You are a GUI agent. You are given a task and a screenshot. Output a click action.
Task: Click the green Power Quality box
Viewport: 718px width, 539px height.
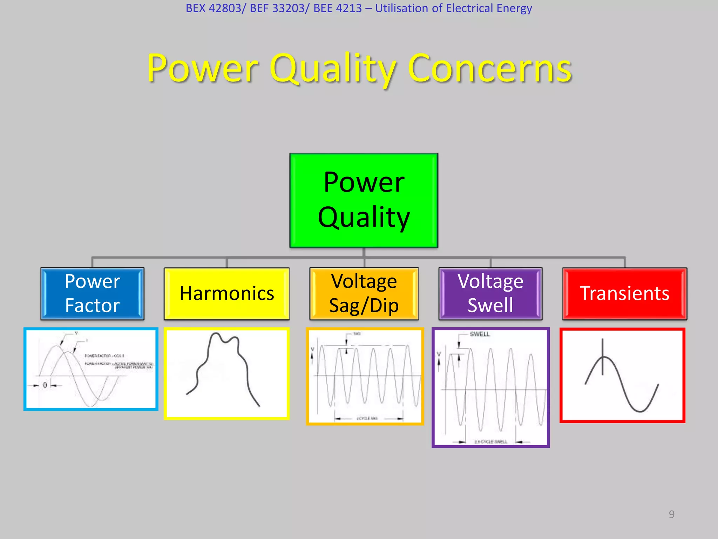pos(364,200)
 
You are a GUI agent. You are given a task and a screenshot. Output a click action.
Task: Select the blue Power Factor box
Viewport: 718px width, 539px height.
pos(92,293)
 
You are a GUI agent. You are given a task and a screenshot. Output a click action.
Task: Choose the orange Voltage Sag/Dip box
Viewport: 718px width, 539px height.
pos(364,293)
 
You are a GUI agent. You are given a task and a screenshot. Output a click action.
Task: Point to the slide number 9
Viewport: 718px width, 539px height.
pos(671,514)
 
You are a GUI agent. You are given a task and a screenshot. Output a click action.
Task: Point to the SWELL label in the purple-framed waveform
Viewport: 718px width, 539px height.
pos(480,334)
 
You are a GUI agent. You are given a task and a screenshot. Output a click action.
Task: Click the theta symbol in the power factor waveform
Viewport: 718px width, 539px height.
pos(45,385)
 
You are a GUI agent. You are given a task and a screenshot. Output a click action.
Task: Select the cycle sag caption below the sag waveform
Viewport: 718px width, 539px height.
pos(367,418)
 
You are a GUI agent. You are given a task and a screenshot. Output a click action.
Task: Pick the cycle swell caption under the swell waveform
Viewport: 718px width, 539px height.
pos(490,442)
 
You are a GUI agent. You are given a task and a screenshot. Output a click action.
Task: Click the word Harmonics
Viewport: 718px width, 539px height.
pos(226,293)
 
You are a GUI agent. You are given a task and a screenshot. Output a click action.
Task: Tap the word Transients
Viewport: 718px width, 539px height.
pos(625,293)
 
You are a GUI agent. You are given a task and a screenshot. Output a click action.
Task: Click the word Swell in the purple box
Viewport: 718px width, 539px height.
pos(490,305)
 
